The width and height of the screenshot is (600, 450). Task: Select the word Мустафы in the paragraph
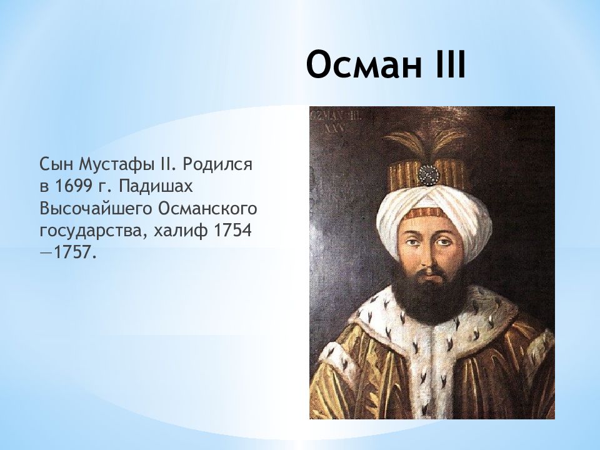pos(116,165)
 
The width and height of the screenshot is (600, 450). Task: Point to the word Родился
pos(217,165)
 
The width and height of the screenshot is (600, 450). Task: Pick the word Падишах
pos(154,187)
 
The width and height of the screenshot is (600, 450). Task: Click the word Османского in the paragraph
pos(207,209)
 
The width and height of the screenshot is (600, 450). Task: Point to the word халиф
pos(181,231)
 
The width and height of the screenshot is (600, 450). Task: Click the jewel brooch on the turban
pos(427,174)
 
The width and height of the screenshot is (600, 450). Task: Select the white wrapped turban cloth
pos(434,214)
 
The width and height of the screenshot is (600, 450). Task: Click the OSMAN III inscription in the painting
pos(337,122)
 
